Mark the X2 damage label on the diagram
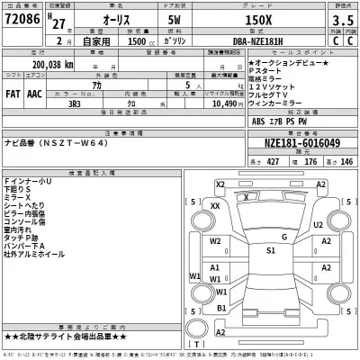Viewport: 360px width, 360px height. coord(220,184)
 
